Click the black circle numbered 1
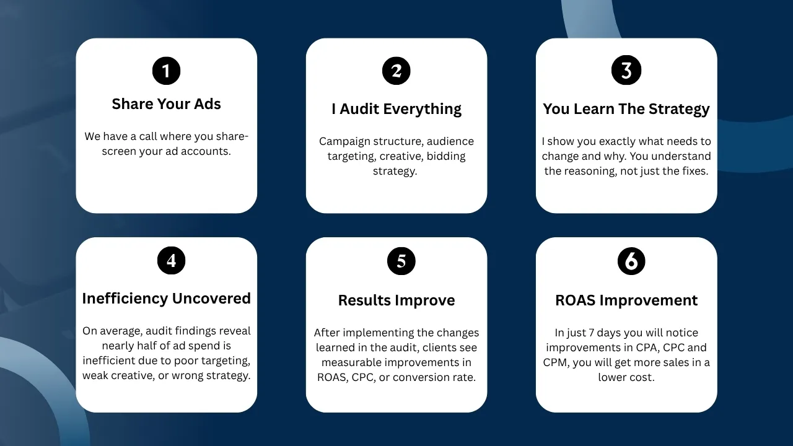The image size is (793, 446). (167, 71)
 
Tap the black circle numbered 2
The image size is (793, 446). (396, 71)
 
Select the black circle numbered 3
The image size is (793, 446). (626, 70)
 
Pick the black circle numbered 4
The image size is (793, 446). (172, 261)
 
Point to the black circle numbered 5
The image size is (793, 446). (401, 261)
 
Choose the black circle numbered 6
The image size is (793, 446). (631, 261)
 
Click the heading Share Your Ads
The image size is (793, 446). (167, 104)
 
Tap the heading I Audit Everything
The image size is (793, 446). (396, 109)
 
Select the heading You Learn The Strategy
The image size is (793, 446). (626, 109)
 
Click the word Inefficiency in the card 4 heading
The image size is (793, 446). (125, 299)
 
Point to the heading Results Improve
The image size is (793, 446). (396, 300)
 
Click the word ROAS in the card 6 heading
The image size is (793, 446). (576, 300)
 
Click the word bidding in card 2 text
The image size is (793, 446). (446, 157)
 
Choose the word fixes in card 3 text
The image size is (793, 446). (695, 171)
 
